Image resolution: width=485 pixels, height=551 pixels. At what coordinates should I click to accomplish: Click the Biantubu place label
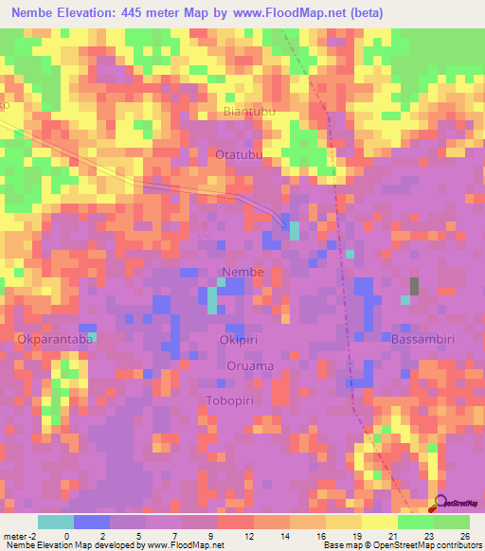point(250,112)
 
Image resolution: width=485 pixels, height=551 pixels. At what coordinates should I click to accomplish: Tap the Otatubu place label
point(239,154)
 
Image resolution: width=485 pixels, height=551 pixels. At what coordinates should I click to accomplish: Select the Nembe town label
point(242,273)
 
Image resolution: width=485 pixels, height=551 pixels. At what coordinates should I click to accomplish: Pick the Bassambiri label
point(425,338)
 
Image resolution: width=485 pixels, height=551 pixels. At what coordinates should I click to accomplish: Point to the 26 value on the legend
point(463,535)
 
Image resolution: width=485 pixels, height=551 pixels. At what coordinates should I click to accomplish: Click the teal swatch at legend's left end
point(56,522)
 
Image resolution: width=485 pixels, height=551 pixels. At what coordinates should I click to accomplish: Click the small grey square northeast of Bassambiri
point(414,285)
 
